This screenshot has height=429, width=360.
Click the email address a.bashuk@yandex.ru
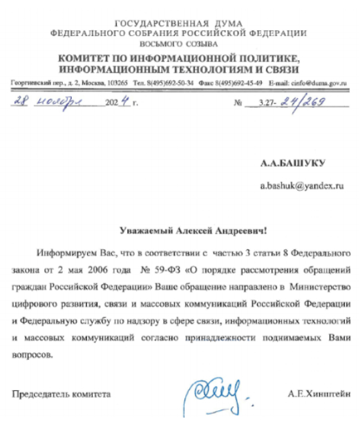(301, 187)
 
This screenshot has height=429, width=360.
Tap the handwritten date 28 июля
(48, 104)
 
